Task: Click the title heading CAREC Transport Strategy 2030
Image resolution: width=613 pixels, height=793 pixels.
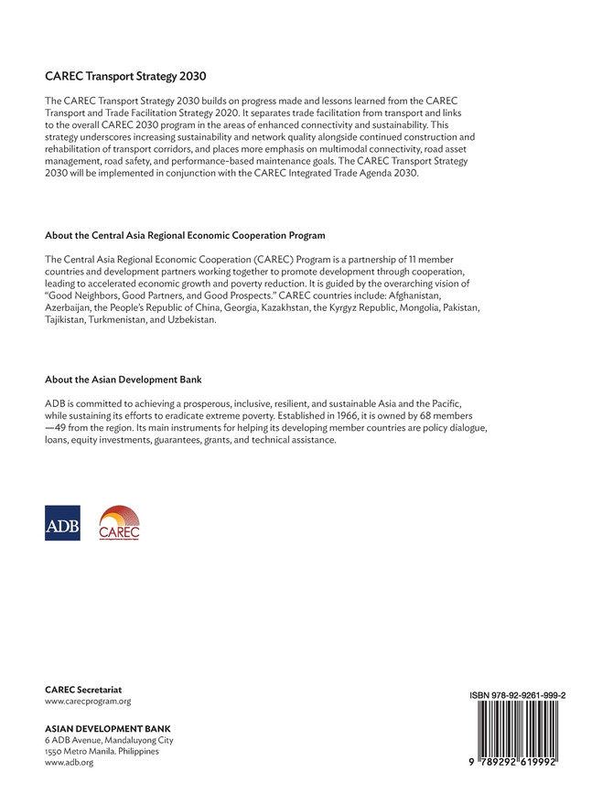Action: click(x=132, y=76)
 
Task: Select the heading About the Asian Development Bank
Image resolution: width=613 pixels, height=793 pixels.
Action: click(x=124, y=379)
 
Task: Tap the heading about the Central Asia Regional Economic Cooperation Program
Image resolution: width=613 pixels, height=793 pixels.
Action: click(x=185, y=235)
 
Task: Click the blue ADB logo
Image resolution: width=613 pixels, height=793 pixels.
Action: click(x=62, y=523)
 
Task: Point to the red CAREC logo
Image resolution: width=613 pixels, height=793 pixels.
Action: click(x=119, y=523)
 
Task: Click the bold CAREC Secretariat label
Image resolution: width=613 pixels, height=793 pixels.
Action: click(x=83, y=689)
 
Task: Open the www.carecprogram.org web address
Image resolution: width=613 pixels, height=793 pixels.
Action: click(x=88, y=702)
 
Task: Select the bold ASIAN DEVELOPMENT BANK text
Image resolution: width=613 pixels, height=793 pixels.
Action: click(x=108, y=728)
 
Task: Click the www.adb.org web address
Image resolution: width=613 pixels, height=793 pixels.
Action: click(x=69, y=763)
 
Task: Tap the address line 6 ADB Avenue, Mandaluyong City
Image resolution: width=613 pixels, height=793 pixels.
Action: click(x=109, y=740)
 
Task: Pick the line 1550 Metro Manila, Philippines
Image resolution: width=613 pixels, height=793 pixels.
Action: click(x=102, y=751)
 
